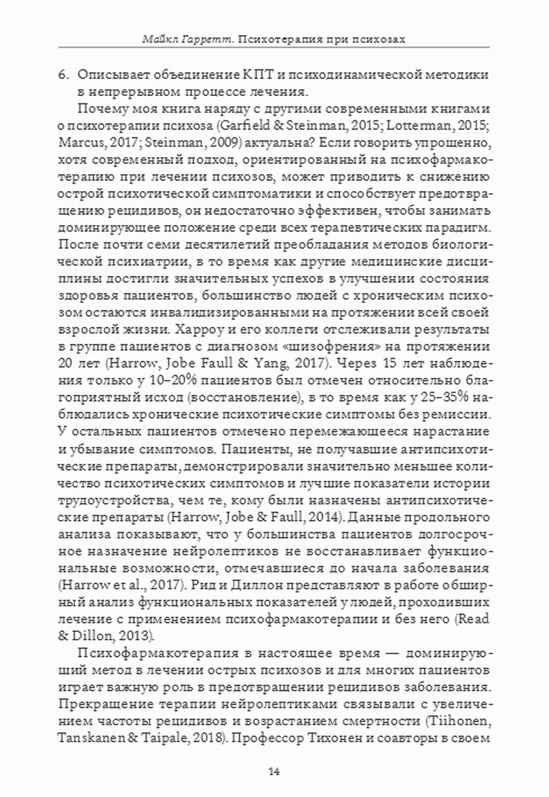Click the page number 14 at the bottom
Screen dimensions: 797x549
point(274,771)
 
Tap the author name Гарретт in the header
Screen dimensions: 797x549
point(200,39)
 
